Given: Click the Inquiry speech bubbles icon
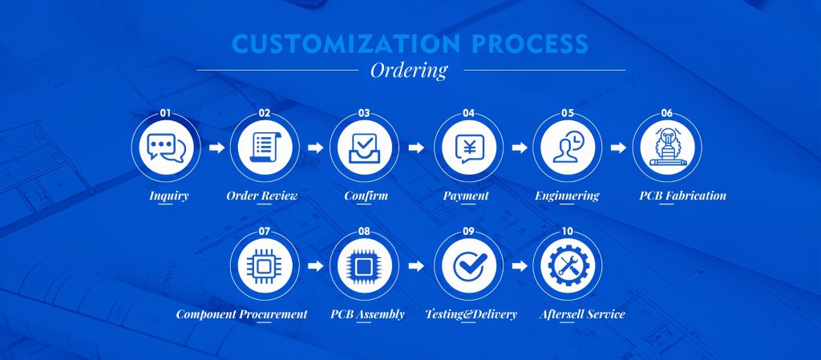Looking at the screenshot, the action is [166, 148].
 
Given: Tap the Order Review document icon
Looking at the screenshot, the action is [265, 147].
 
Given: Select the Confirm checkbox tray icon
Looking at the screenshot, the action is [364, 148].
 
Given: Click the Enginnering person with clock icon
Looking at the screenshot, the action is [568, 147].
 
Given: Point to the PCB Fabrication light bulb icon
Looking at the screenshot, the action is [667, 148].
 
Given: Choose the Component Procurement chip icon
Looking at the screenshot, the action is [265, 266].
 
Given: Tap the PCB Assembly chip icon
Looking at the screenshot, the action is [364, 266].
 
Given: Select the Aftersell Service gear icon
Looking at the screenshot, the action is [568, 266].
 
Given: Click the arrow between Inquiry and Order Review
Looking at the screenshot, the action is [216, 148].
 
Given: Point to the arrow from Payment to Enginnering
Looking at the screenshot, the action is [520, 148].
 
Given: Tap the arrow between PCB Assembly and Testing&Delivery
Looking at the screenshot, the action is [416, 266].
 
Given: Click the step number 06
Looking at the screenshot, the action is [666, 113].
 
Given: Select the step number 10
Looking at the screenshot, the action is [567, 231].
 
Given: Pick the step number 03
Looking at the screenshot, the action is [363, 113].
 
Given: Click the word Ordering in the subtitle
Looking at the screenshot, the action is [409, 70].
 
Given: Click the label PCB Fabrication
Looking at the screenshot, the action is [683, 196].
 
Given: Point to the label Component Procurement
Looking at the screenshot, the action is [241, 314].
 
